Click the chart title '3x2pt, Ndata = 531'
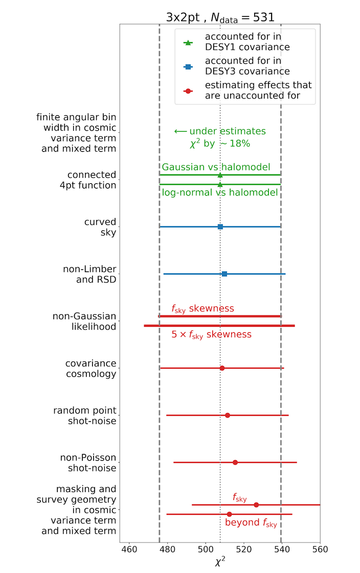pyautogui.click(x=220, y=17)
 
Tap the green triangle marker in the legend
pyautogui.click(x=188, y=43)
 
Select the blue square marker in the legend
pyautogui.click(x=188, y=67)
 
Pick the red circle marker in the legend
pyautogui.click(x=188, y=91)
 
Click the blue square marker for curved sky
pyautogui.click(x=220, y=227)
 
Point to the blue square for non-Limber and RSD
pyautogui.click(x=224, y=274)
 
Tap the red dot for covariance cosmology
pyautogui.click(x=222, y=368)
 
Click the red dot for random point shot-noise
pyautogui.click(x=228, y=415)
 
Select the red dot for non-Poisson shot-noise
pyautogui.click(x=235, y=462)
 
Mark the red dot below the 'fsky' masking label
pyautogui.click(x=256, y=504)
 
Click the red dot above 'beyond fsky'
pyautogui.click(x=229, y=514)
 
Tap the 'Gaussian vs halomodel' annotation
pyautogui.click(x=216, y=167)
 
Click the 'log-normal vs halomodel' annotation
pyautogui.click(x=220, y=192)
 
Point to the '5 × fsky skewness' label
pyautogui.click(x=211, y=335)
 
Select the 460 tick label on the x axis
pyautogui.click(x=129, y=549)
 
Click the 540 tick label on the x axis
pyautogui.click(x=282, y=549)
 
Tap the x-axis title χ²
pyautogui.click(x=220, y=561)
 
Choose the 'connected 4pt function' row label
pyautogui.click(x=88, y=180)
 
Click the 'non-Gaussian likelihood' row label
pyautogui.click(x=84, y=321)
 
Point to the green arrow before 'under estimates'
pyautogui.click(x=181, y=131)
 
